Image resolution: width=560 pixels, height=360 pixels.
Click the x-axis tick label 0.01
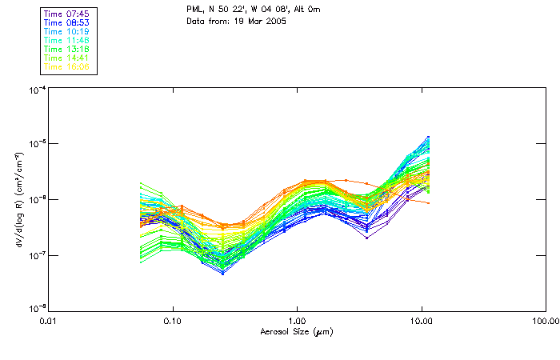(x=48, y=321)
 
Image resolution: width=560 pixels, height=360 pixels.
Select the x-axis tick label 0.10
(x=172, y=321)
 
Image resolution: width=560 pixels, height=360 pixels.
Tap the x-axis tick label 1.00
(x=297, y=321)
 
